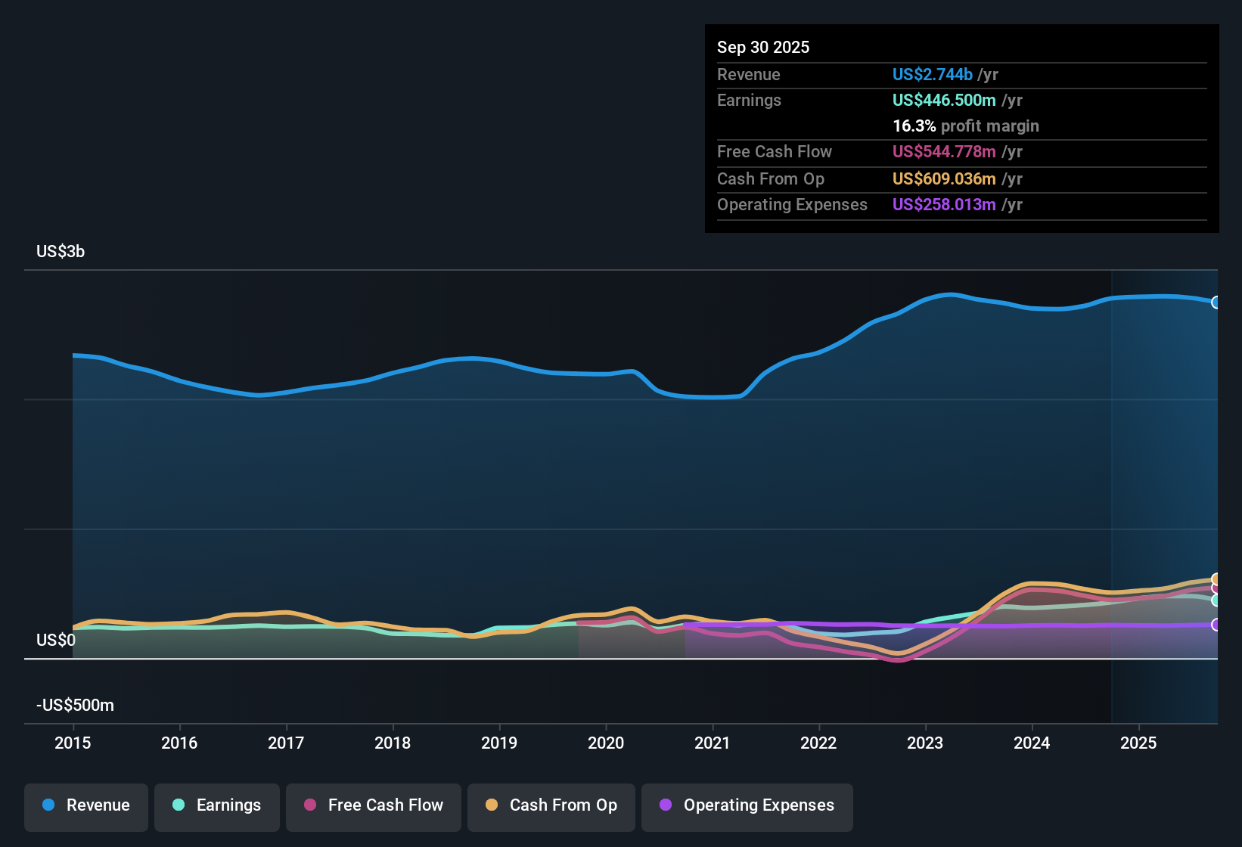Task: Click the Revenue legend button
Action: tap(86, 805)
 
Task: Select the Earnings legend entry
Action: tap(217, 805)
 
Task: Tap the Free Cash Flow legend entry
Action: tap(374, 805)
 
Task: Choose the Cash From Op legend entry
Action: tap(551, 805)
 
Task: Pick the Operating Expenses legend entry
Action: tap(747, 805)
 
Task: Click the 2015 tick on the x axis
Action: tap(73, 743)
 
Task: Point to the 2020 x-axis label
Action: tap(606, 743)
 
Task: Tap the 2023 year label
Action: tap(925, 743)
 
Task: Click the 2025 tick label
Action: tap(1138, 743)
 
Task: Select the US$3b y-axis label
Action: tap(61, 252)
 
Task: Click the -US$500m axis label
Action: tap(75, 706)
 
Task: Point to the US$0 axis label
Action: tap(56, 641)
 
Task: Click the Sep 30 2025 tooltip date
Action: tap(763, 47)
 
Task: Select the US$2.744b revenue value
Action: tap(932, 74)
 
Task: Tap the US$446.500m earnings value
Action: tap(943, 100)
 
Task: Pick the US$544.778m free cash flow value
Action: tap(943, 151)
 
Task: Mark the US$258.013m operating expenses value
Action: tap(943, 204)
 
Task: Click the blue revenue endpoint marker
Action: tap(1216, 302)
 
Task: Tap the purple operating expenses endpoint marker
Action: tap(1216, 625)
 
